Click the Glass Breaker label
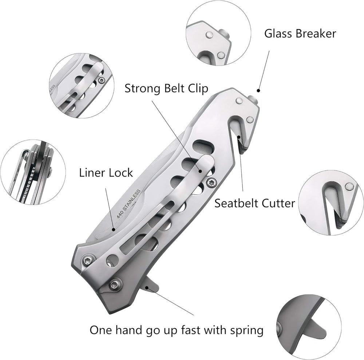(300, 34)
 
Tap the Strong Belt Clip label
(166, 88)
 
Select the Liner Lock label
(106, 173)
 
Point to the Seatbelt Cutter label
(254, 203)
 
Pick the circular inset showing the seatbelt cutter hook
(331, 203)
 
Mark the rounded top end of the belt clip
(206, 162)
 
